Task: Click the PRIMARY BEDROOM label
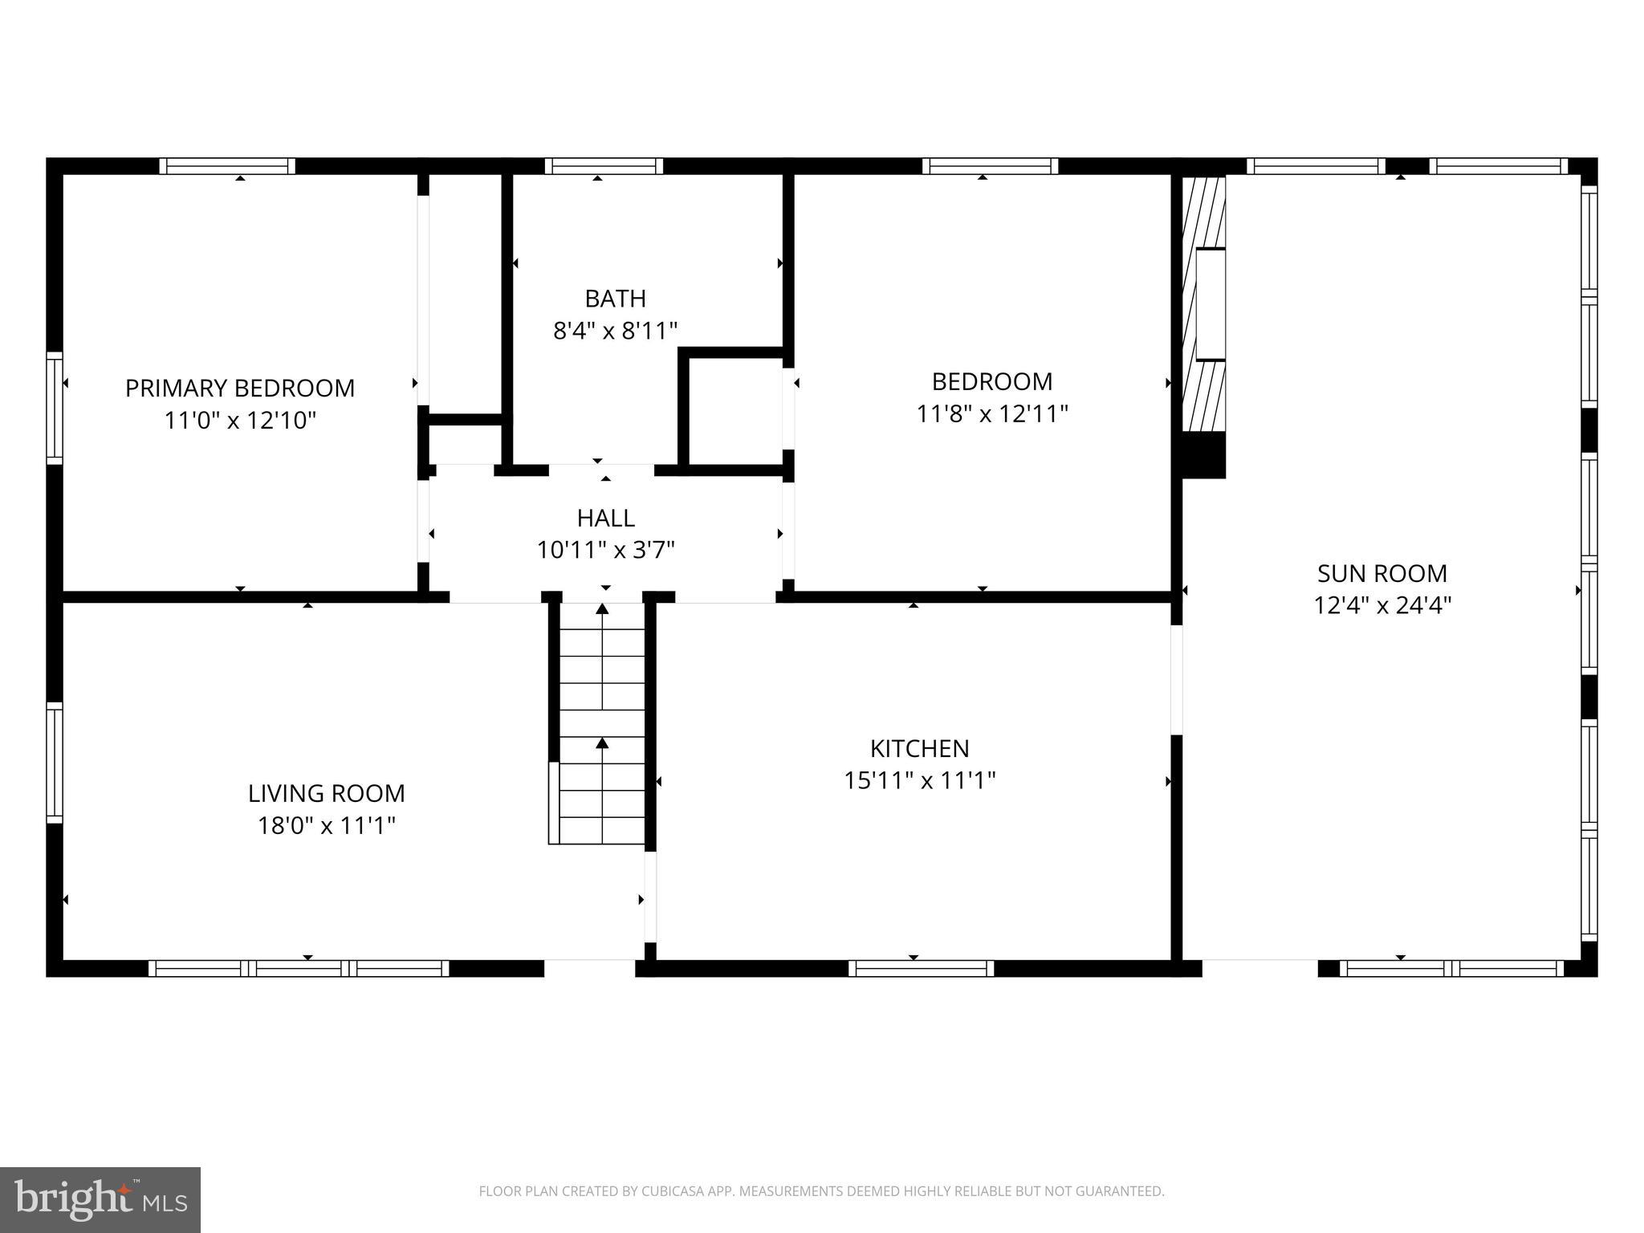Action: coord(239,389)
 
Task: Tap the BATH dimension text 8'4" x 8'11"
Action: coord(615,331)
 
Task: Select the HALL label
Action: coord(605,518)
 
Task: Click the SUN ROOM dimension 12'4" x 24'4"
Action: coord(1382,605)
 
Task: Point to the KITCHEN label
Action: coord(919,748)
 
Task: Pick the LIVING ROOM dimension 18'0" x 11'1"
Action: coord(326,825)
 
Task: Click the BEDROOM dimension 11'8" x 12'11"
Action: coord(991,414)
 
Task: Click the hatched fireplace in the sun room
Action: coord(1205,305)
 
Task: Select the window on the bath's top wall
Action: coord(604,166)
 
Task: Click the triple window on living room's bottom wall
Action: coord(299,968)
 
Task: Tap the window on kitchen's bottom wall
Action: coord(921,968)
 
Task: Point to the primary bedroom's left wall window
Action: coord(55,408)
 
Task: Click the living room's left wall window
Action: coord(55,763)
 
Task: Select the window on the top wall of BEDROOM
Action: coord(990,166)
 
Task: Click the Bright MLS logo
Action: coord(100,1199)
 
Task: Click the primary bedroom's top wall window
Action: coord(227,166)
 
